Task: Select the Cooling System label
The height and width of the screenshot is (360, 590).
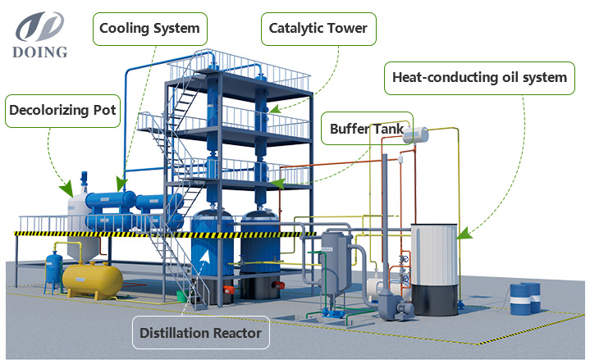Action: pyautogui.click(x=150, y=29)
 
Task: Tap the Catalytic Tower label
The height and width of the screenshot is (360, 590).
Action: pyautogui.click(x=318, y=29)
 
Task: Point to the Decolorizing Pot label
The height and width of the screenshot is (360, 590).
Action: pyautogui.click(x=62, y=111)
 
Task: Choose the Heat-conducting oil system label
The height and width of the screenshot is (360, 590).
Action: pyautogui.click(x=479, y=78)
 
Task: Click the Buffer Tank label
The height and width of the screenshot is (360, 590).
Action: pyautogui.click(x=367, y=129)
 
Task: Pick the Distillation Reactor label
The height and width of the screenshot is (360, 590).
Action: pyautogui.click(x=200, y=333)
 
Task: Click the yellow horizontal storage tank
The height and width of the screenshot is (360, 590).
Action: pyautogui.click(x=93, y=280)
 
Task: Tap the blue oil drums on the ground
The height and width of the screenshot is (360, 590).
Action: pyautogui.click(x=525, y=298)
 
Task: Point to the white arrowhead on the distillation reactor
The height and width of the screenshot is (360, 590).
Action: pyautogui.click(x=204, y=256)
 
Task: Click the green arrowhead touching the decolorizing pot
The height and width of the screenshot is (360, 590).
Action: pyautogui.click(x=67, y=189)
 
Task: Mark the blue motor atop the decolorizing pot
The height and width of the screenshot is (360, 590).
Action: pyautogui.click(x=84, y=179)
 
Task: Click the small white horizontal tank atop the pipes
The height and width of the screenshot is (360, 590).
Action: pyautogui.click(x=415, y=135)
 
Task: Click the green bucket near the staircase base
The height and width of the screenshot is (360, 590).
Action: pyautogui.click(x=182, y=296)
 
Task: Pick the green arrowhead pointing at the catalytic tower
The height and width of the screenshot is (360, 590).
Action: pyautogui.click(x=275, y=109)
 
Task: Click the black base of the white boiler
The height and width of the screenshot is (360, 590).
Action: pyautogui.click(x=435, y=300)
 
